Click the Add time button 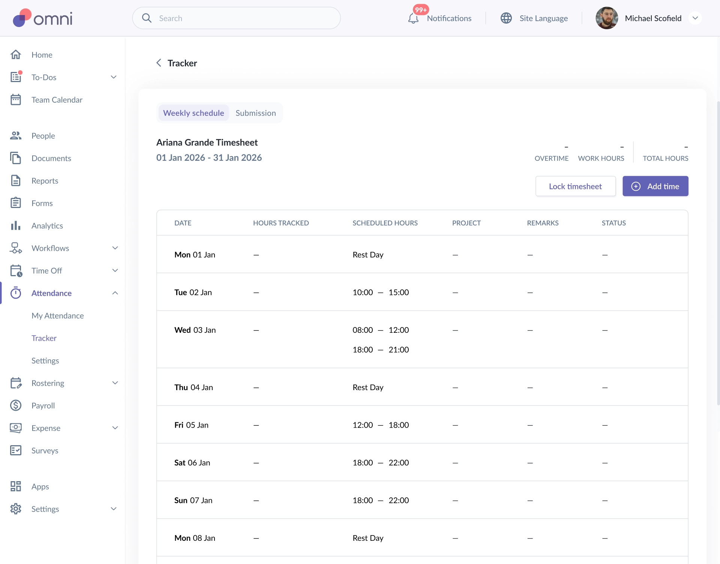coord(655,186)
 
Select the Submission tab coord(256,113)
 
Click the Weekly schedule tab coord(193,113)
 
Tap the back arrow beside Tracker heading coord(159,63)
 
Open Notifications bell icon coord(413,18)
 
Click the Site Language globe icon coord(506,18)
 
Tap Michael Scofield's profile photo coord(607,18)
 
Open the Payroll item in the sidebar coord(43,405)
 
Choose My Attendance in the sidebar coord(58,316)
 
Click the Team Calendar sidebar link coord(57,100)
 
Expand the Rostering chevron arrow coord(115,383)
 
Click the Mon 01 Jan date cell coord(195,255)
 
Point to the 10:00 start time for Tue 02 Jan coord(363,292)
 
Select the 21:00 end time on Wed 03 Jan coord(399,350)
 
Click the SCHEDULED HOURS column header coord(385,223)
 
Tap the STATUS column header coord(613,223)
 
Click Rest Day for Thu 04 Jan coord(368,387)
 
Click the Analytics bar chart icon coord(16,226)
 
